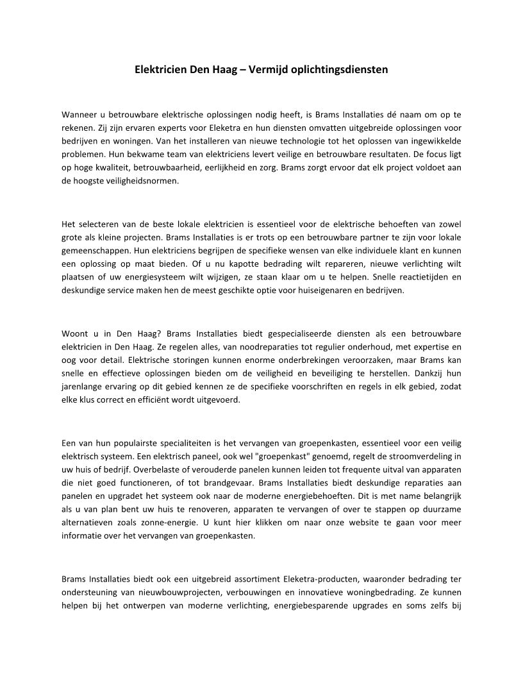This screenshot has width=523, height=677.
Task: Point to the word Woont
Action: tap(74, 333)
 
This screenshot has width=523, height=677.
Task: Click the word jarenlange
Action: tap(85, 387)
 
